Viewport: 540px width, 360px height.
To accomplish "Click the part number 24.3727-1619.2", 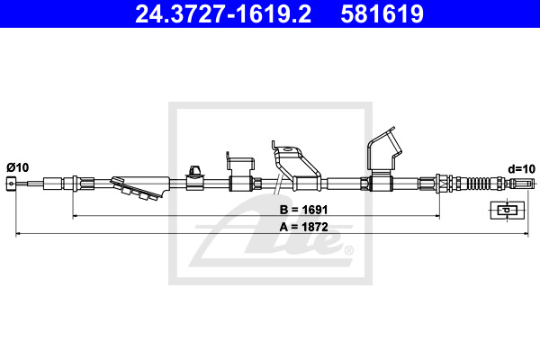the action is (x=223, y=14).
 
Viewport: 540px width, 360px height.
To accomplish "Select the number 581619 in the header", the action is (x=382, y=14).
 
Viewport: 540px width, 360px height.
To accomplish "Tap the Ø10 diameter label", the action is (x=18, y=167).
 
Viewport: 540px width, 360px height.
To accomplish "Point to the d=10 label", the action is (x=521, y=169).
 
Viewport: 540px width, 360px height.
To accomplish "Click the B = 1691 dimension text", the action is (x=303, y=210).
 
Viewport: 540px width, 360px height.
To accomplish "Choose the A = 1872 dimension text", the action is (x=303, y=227).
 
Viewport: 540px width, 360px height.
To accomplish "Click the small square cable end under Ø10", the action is (x=11, y=183).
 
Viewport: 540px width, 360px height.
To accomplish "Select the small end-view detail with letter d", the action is (x=507, y=210).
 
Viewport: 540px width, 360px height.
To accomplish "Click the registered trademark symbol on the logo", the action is (x=349, y=250).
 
